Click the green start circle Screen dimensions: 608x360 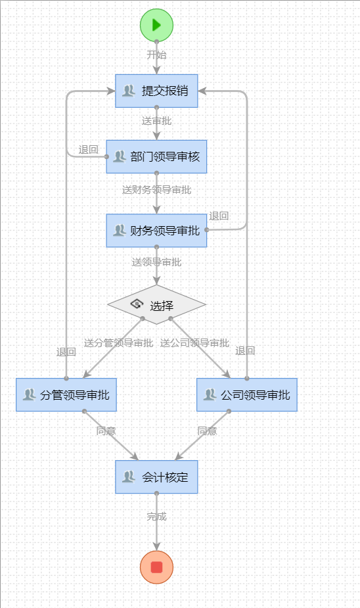(x=156, y=25)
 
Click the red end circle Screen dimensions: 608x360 (x=156, y=567)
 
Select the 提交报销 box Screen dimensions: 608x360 (x=156, y=91)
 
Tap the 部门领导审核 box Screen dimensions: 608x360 (x=156, y=156)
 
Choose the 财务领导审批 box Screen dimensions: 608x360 (x=156, y=231)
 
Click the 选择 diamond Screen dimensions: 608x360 (x=156, y=305)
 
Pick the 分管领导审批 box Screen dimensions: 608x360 (x=66, y=395)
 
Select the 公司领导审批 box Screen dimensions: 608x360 (x=247, y=395)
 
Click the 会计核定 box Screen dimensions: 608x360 (x=156, y=477)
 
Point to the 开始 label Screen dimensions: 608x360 (x=156, y=55)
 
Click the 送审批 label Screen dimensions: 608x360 (x=156, y=121)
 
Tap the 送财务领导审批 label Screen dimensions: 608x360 (x=156, y=190)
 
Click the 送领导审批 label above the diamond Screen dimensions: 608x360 (x=156, y=262)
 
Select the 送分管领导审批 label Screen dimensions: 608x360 (x=118, y=343)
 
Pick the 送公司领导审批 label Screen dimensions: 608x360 (x=194, y=343)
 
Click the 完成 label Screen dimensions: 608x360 (x=156, y=517)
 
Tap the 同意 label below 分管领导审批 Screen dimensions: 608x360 (x=106, y=431)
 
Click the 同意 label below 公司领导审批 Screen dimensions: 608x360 (x=207, y=431)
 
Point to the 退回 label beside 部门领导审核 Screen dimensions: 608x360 (x=89, y=150)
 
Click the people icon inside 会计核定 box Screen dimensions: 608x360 (x=128, y=477)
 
